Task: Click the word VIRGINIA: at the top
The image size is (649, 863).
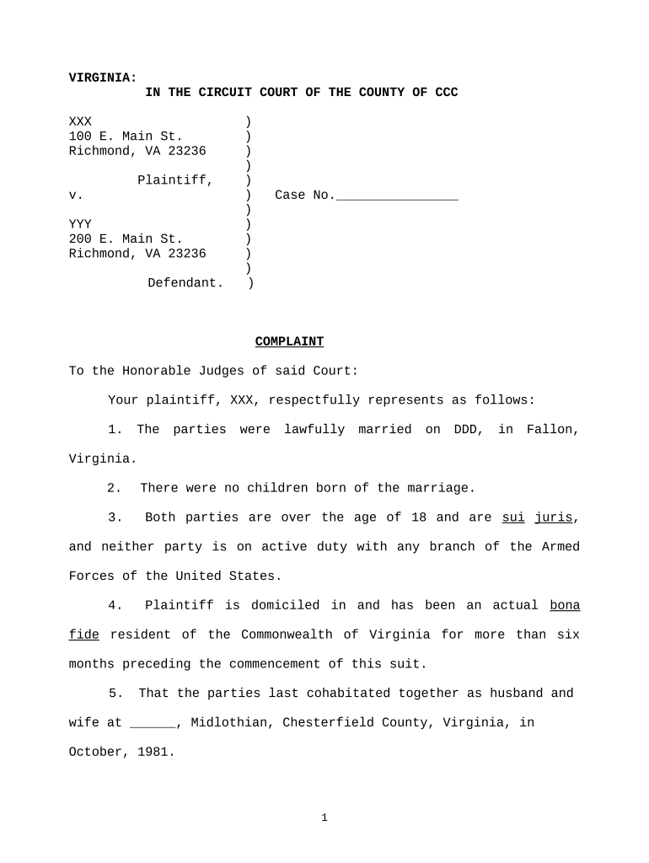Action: click(x=102, y=78)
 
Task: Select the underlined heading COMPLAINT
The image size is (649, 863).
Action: click(x=289, y=341)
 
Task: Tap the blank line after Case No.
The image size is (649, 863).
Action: click(x=396, y=196)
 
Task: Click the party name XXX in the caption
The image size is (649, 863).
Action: click(x=80, y=122)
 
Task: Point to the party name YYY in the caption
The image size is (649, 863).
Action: click(x=80, y=224)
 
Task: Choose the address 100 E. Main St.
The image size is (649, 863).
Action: click(x=125, y=137)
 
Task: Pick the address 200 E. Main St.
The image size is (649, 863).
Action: click(x=125, y=239)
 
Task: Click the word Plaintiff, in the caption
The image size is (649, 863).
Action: click(x=174, y=180)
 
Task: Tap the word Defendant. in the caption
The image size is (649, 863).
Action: click(x=185, y=283)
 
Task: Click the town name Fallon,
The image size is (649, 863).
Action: click(x=552, y=430)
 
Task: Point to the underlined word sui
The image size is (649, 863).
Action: click(x=513, y=517)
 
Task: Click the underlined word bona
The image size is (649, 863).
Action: click(x=564, y=605)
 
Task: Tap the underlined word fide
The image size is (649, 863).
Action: click(x=83, y=635)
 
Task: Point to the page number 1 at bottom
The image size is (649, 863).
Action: click(x=324, y=817)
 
